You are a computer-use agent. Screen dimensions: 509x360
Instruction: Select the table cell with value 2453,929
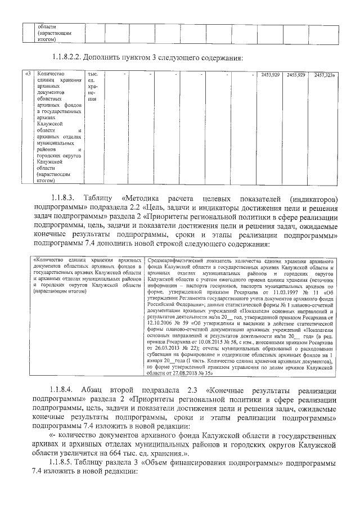269,75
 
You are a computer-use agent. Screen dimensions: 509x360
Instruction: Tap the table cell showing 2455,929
295,75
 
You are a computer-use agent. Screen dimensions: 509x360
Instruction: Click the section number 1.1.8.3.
62,199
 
